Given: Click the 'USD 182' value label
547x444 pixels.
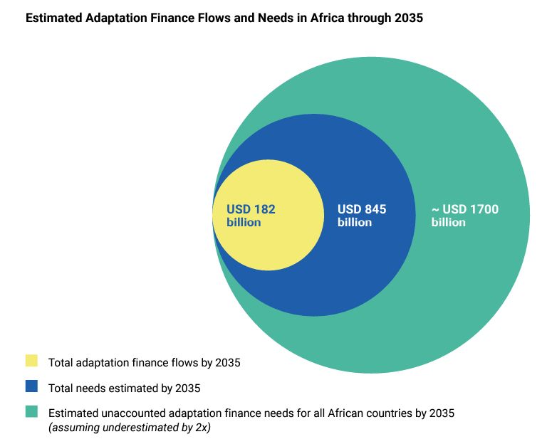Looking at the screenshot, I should point(251,209).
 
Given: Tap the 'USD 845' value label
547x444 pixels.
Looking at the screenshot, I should point(362,209).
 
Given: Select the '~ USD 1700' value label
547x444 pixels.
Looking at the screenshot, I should point(465,209).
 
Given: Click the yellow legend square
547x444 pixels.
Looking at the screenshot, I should point(31,361).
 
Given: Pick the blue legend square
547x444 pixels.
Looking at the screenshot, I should point(31,386).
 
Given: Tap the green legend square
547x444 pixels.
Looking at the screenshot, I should point(31,411).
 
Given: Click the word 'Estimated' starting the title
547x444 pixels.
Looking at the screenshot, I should point(54,18).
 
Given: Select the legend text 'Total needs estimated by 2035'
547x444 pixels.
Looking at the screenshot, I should point(124,388).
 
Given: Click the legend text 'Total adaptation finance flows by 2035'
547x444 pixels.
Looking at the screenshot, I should point(144,363).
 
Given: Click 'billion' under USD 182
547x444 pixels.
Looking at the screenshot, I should point(244,222).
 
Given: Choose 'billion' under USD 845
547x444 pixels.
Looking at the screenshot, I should point(355,222).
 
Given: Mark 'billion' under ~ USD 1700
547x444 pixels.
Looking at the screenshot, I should point(449,222).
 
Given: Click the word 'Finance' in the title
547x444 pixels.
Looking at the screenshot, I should point(167,18).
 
